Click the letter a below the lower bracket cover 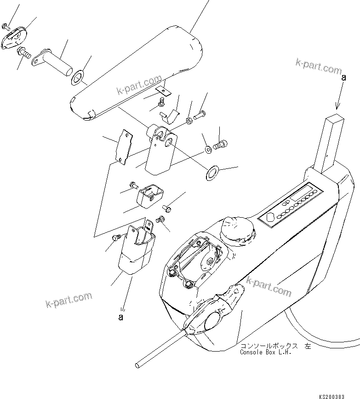[x=121, y=317]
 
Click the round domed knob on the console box [x=236, y=228]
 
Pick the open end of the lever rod [x=138, y=366]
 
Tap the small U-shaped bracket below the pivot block [x=149, y=194]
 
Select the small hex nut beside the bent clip [x=189, y=121]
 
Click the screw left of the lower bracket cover [x=117, y=238]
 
